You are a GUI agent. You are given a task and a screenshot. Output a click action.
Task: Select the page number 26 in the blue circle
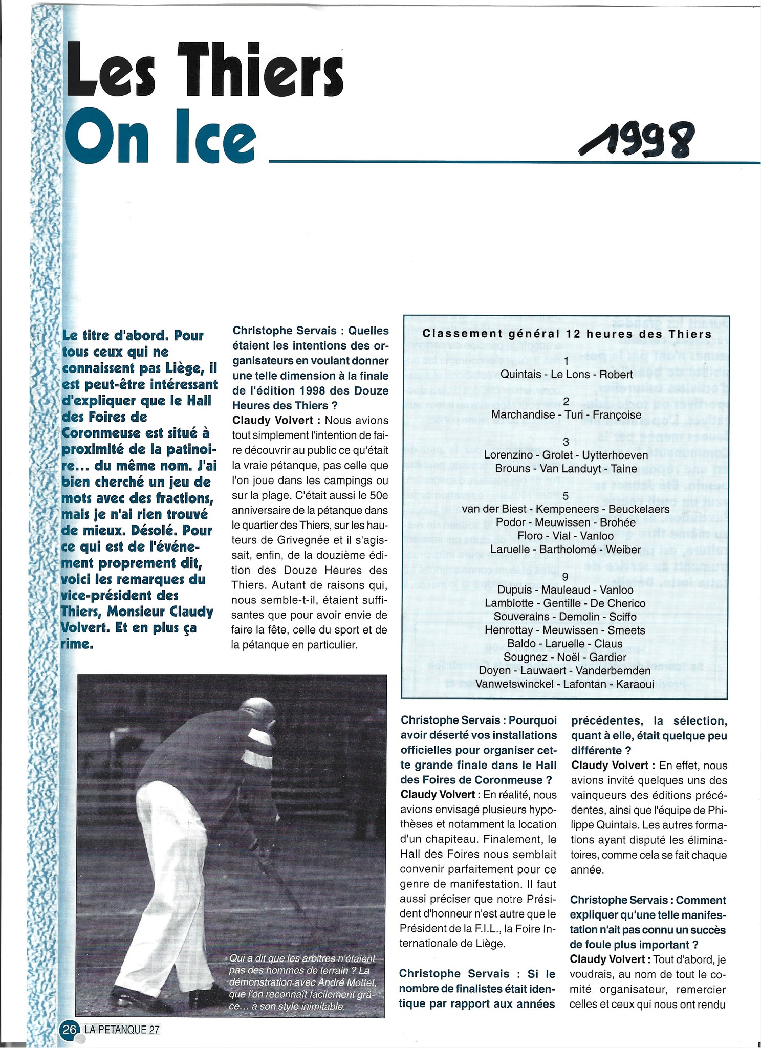(x=70, y=1029)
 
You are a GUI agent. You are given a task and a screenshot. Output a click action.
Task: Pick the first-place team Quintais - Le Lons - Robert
(x=567, y=374)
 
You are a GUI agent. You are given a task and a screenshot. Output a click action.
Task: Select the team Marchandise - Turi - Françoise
(x=566, y=414)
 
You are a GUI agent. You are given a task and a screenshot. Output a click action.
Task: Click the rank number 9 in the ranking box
(x=565, y=577)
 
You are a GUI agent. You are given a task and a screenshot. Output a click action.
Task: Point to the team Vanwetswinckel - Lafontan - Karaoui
(x=565, y=684)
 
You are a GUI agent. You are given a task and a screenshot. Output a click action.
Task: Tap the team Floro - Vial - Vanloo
(x=566, y=536)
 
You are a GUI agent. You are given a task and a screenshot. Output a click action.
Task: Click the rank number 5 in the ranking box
(x=566, y=495)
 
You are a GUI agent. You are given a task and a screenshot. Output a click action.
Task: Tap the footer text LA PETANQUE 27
(x=123, y=1029)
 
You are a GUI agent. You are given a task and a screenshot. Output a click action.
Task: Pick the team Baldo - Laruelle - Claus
(x=565, y=644)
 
